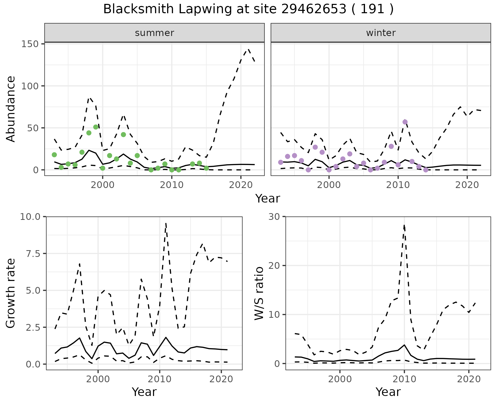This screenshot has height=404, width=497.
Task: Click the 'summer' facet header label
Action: [x=154, y=33]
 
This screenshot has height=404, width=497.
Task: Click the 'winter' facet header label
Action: [x=381, y=33]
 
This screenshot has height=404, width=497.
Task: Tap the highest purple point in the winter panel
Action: [x=405, y=122]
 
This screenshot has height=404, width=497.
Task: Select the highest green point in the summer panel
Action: [x=96, y=127]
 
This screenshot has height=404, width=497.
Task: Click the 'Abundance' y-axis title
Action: [x=11, y=109]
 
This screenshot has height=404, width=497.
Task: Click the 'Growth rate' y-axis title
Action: [x=11, y=293]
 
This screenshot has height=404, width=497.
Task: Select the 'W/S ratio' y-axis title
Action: [x=259, y=293]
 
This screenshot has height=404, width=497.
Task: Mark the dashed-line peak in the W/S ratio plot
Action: [x=404, y=225]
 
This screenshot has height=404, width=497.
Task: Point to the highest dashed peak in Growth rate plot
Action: [x=166, y=223]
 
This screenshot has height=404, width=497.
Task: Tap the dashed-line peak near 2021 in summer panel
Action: [x=248, y=49]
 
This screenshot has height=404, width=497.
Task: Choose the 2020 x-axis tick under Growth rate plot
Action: [x=221, y=379]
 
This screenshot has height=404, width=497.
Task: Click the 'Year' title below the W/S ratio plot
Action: [x=388, y=392]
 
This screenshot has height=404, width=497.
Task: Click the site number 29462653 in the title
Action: [x=313, y=9]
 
